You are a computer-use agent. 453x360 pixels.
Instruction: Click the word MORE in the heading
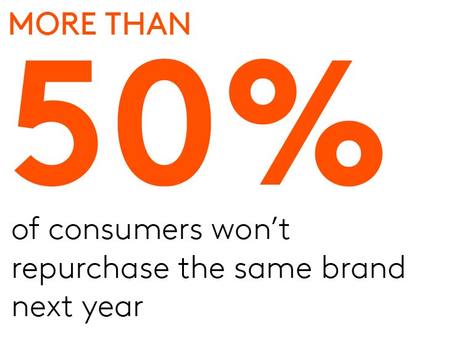(x=52, y=23)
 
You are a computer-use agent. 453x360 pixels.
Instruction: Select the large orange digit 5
(x=56, y=123)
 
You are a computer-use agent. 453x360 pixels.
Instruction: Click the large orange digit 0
(x=164, y=123)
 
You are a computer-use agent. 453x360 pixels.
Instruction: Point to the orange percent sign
(x=306, y=122)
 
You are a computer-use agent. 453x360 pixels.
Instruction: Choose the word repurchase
(x=91, y=269)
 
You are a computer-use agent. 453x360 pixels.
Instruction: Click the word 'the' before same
(x=201, y=267)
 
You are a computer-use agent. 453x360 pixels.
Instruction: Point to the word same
(x=273, y=269)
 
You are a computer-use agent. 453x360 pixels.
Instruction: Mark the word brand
(x=364, y=267)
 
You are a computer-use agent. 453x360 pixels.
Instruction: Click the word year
(x=113, y=310)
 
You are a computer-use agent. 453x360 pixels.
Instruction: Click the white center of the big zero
(x=164, y=123)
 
